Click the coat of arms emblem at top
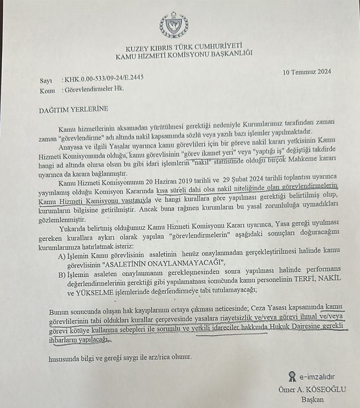(174, 25)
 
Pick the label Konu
(47, 91)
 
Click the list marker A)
(62, 256)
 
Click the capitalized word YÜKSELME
(87, 291)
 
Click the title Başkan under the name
(312, 400)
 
